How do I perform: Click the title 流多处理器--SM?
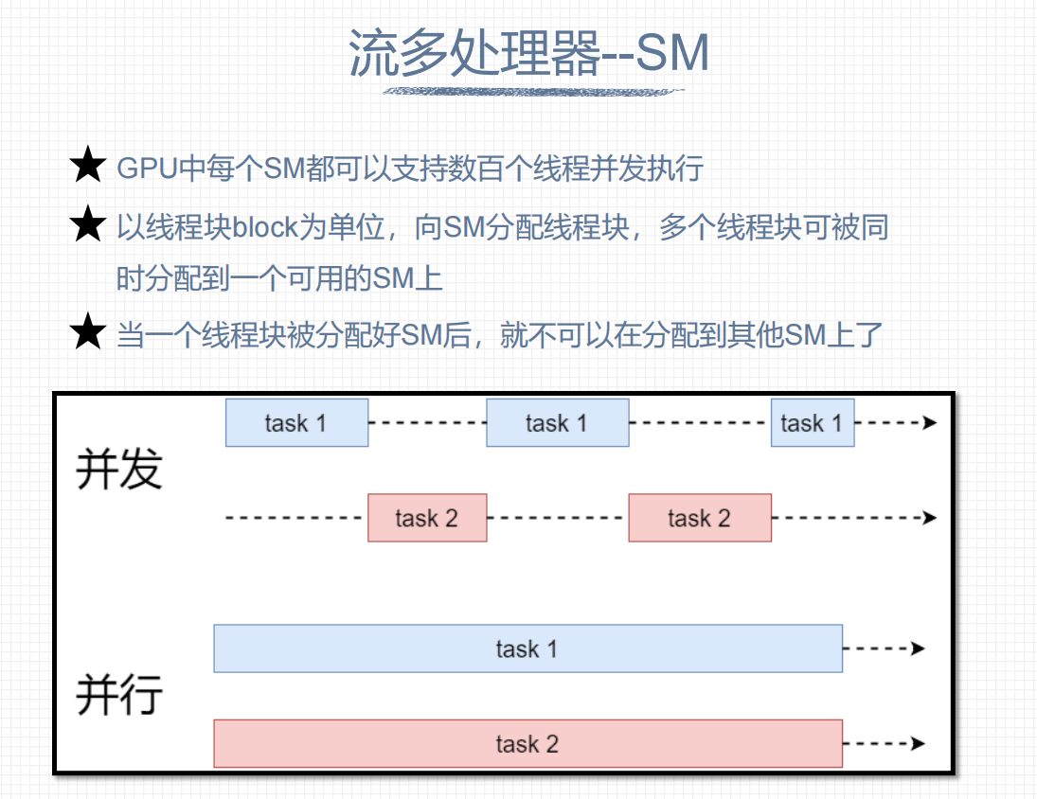[529, 53]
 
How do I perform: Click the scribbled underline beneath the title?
[532, 92]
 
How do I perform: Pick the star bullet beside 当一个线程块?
[87, 332]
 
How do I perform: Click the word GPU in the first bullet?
[147, 169]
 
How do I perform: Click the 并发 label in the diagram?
[119, 470]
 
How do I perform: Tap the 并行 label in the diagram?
[119, 695]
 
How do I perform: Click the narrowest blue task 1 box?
[813, 422]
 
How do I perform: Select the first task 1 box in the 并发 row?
[296, 422]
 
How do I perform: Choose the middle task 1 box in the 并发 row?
[557, 422]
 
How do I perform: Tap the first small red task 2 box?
[427, 518]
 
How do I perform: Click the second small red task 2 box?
[699, 518]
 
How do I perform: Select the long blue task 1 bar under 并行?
[527, 648]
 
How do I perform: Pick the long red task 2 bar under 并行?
[527, 744]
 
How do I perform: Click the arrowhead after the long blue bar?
[918, 648]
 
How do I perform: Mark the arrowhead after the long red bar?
[918, 744]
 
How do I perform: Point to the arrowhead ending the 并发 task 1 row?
[930, 422]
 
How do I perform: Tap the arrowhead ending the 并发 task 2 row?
[930, 518]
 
